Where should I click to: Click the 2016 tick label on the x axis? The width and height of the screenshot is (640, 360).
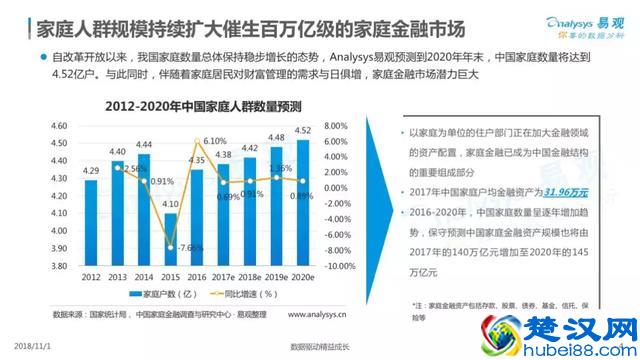click(x=197, y=275)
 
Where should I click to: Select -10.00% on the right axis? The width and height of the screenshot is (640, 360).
click(x=341, y=265)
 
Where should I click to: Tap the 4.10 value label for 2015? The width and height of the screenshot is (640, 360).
click(x=171, y=203)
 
